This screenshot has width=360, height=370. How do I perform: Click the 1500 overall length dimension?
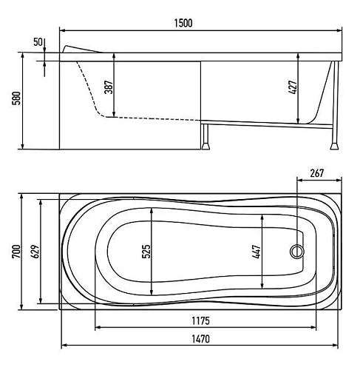[x=183, y=23]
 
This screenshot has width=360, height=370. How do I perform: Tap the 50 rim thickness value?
[x=38, y=42]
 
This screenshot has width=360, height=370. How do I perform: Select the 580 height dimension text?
[x=17, y=98]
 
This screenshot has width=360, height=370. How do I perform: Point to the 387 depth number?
[x=109, y=87]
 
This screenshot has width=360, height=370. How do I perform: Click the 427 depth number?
[x=293, y=87]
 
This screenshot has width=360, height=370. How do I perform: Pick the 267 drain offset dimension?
[x=317, y=173]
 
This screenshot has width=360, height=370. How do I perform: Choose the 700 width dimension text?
[x=17, y=252]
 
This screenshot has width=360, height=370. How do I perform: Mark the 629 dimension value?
[x=35, y=252]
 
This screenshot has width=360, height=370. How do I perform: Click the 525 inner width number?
[x=146, y=252]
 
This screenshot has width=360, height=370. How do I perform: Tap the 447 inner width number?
[x=257, y=252]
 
